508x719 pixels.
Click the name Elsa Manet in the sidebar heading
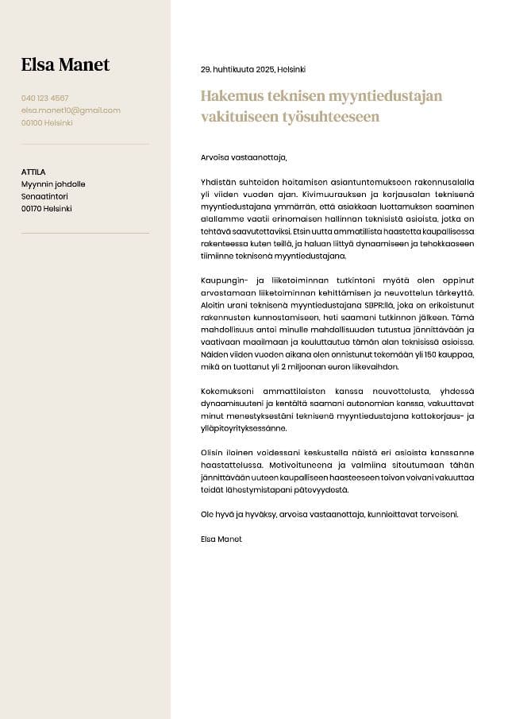pyautogui.click(x=65, y=65)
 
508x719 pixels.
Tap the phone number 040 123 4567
pyautogui.click(x=44, y=98)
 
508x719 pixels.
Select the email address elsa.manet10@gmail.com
pyautogui.click(x=71, y=110)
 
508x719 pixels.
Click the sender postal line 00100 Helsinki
pyautogui.click(x=47, y=123)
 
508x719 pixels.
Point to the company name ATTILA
pyautogui.click(x=33, y=172)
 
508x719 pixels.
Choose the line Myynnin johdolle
pyautogui.click(x=53, y=184)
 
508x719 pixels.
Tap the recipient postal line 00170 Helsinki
pyautogui.click(x=46, y=209)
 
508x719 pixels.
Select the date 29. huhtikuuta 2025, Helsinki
pyautogui.click(x=252, y=70)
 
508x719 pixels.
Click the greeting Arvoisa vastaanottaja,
pyautogui.click(x=244, y=157)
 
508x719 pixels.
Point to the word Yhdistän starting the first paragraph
pyautogui.click(x=220, y=182)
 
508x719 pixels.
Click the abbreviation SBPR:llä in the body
pyautogui.click(x=378, y=305)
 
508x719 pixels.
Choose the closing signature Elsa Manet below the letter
pyautogui.click(x=221, y=539)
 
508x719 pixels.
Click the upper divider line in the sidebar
pyautogui.click(x=85, y=145)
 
